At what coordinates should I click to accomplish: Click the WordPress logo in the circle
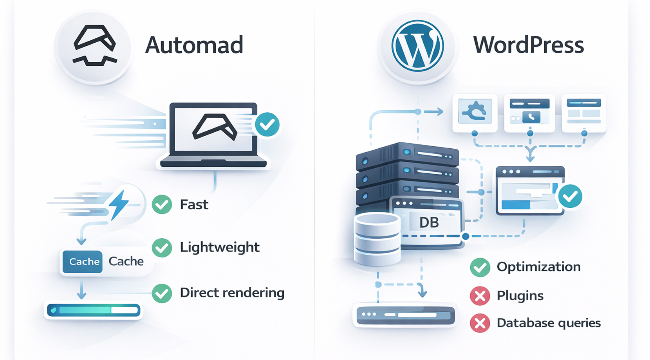click(417, 46)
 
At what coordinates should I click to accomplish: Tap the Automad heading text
click(194, 45)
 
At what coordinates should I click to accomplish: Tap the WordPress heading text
click(528, 45)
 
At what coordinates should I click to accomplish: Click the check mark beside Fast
click(162, 204)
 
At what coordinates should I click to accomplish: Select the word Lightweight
click(220, 247)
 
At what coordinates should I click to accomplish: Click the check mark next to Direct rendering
click(162, 293)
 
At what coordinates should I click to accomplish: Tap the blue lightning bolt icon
click(119, 204)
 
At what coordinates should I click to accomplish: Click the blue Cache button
click(83, 261)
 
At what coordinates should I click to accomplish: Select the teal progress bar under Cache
click(93, 310)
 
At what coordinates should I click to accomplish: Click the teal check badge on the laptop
click(267, 124)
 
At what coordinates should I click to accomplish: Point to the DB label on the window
click(429, 223)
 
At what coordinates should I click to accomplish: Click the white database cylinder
click(377, 239)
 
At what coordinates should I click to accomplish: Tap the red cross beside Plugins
click(480, 296)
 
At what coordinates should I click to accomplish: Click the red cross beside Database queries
click(480, 323)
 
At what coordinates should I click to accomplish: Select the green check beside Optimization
click(480, 268)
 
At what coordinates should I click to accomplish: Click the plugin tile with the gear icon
click(475, 112)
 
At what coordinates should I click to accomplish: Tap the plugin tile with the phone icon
click(529, 112)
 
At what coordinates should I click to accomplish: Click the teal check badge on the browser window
click(570, 196)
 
